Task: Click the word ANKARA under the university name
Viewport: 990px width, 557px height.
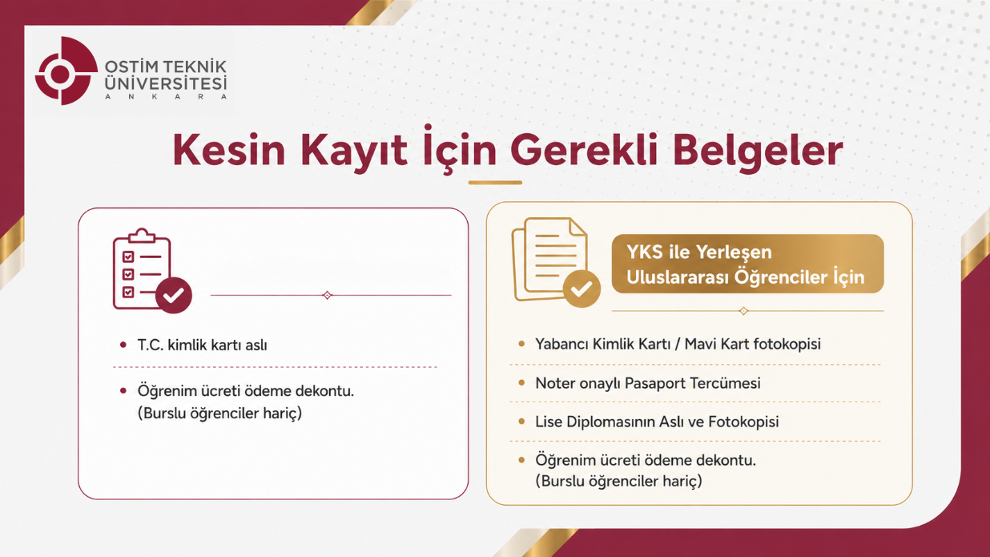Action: click(166, 96)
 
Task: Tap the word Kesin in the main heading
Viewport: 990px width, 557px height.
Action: click(229, 151)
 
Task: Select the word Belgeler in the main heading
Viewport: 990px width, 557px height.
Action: click(758, 151)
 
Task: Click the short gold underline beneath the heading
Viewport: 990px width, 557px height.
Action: click(495, 182)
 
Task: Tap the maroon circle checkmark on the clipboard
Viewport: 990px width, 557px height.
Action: click(174, 295)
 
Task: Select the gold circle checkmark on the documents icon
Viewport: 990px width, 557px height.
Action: click(582, 289)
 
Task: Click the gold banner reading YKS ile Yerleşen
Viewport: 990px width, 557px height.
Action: click(748, 264)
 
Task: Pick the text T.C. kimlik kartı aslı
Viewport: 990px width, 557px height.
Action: click(203, 345)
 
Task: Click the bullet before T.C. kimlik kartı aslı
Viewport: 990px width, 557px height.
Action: click(123, 345)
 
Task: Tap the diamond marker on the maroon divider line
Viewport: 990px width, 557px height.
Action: click(327, 295)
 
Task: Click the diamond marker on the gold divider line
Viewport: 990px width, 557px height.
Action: click(743, 311)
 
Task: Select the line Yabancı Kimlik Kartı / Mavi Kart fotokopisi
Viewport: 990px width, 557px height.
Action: click(678, 344)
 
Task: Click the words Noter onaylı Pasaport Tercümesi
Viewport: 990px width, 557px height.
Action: click(648, 383)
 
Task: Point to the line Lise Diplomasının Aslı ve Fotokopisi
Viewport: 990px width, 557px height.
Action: click(657, 422)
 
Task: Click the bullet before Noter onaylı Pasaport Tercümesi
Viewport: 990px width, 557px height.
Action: click(521, 383)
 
